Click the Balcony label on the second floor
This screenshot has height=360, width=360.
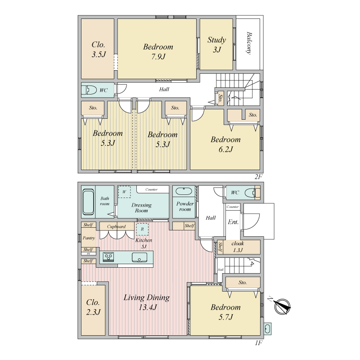pyautogui.click(x=249, y=43)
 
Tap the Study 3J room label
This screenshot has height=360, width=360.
pyautogui.click(x=217, y=45)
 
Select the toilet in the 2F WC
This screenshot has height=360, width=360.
pyautogui.click(x=89, y=90)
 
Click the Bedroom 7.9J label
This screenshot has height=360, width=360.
pyautogui.click(x=158, y=51)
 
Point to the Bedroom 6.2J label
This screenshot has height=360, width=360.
pyautogui.click(x=226, y=144)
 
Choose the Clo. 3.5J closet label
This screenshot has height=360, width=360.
pyautogui.click(x=99, y=49)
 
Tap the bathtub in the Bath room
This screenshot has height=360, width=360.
pyautogui.click(x=88, y=202)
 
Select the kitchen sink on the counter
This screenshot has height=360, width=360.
pyautogui.click(x=139, y=257)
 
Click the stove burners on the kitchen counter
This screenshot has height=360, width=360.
pyautogui.click(x=108, y=257)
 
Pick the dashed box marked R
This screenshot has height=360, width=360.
pyautogui.click(x=142, y=229)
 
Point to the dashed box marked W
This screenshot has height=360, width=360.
pyautogui.click(x=124, y=192)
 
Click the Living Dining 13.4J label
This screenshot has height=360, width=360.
pyautogui.click(x=147, y=302)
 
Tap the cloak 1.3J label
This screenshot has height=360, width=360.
pyautogui.click(x=238, y=247)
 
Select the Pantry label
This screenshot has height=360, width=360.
pyautogui.click(x=89, y=238)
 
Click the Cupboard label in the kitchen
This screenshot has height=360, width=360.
pyautogui.click(x=117, y=227)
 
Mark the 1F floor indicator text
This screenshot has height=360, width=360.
pyautogui.click(x=258, y=343)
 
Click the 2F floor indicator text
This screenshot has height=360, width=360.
pyautogui.click(x=258, y=176)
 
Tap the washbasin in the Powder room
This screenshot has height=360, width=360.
pyautogui.click(x=184, y=191)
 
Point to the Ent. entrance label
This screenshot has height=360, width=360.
pyautogui.click(x=233, y=222)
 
